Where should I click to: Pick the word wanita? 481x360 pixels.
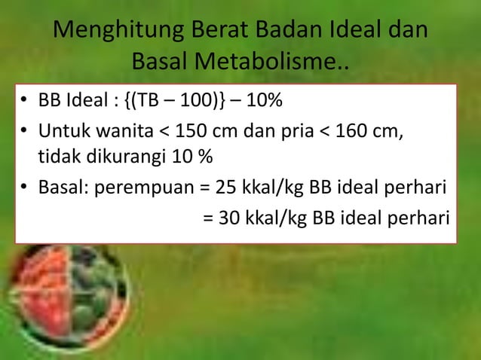pyautogui.click(x=109, y=134)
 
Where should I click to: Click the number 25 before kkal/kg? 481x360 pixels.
pyautogui.click(x=225, y=188)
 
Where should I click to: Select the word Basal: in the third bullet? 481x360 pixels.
pyautogui.click(x=63, y=188)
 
